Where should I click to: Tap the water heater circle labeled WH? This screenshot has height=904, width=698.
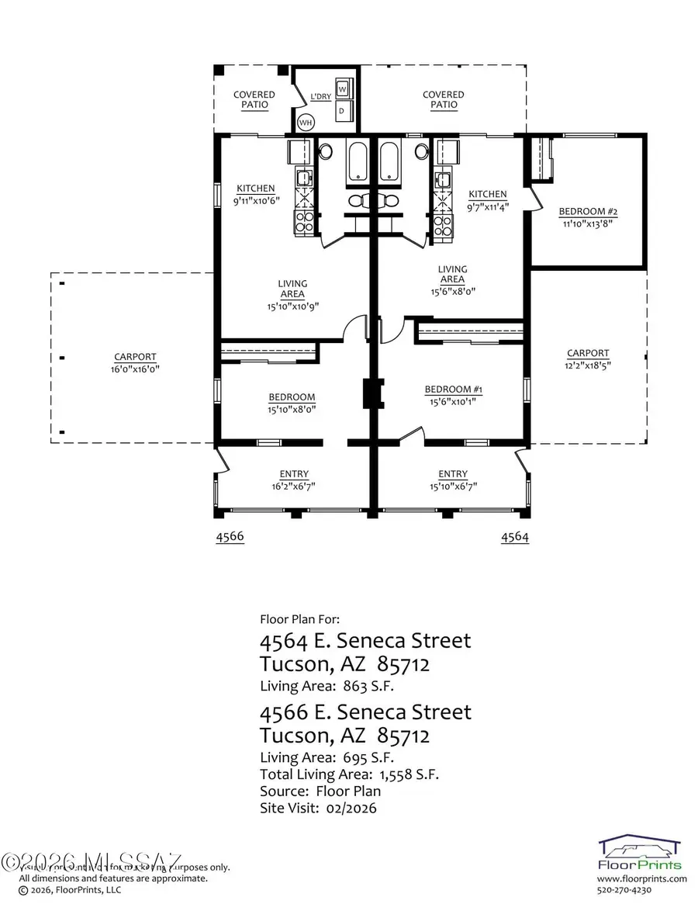(x=306, y=123)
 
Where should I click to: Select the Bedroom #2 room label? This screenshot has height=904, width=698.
(x=587, y=211)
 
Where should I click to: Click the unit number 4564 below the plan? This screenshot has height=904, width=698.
(x=515, y=537)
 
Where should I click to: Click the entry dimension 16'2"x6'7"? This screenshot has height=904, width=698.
(x=293, y=487)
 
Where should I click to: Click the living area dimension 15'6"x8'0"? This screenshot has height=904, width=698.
(x=452, y=292)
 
